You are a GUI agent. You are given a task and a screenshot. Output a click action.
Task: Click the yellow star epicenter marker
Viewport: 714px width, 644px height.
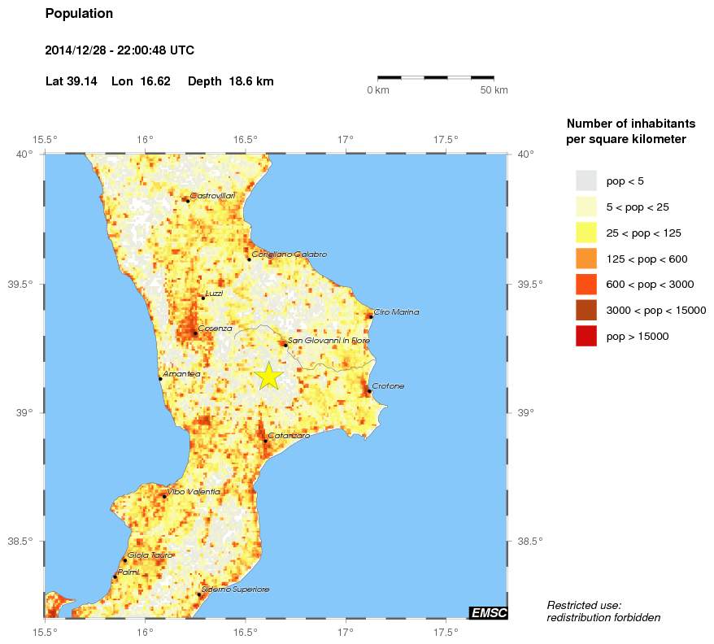(268, 376)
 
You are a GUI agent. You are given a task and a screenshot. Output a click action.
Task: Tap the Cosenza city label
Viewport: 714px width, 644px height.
(215, 328)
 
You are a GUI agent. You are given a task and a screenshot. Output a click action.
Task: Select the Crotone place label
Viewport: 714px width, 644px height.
(388, 386)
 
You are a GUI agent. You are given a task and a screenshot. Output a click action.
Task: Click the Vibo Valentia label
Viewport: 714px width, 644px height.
(194, 492)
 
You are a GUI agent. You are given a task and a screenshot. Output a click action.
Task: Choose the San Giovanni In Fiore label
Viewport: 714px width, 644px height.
(324, 340)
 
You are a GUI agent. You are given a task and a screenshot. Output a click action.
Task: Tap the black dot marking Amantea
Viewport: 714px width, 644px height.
(160, 378)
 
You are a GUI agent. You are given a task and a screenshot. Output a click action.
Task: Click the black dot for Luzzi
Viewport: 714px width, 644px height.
(202, 298)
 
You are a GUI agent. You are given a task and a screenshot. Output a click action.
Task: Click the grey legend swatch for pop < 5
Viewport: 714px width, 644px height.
(586, 181)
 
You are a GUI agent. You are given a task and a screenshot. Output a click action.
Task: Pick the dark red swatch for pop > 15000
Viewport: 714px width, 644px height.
(586, 336)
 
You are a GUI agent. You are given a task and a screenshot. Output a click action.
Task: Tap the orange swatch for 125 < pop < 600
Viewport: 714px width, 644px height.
(586, 259)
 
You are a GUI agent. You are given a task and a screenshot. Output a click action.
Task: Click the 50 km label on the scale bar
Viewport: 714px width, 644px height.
(494, 90)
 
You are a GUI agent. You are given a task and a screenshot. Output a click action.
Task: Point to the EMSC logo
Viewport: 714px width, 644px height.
(488, 612)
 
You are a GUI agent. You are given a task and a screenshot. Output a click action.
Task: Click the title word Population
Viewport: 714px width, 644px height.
(79, 14)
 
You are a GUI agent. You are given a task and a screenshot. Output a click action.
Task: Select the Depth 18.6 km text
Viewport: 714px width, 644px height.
(230, 81)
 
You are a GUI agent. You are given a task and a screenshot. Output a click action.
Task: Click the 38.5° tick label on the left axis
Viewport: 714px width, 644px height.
(24, 542)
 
